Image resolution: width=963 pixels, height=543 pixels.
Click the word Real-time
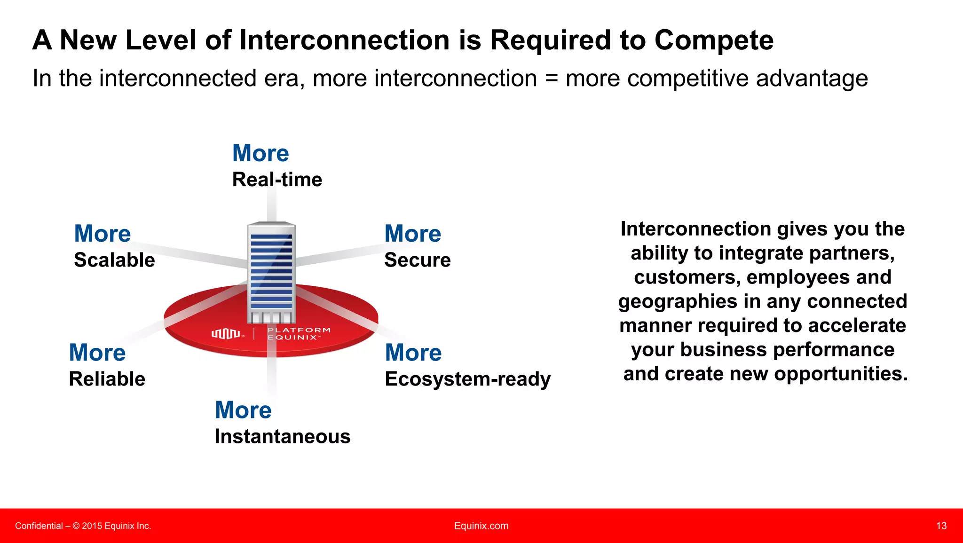pos(277,180)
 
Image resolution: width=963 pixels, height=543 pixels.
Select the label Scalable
pos(114,260)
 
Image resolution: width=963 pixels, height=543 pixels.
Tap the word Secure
pos(417,260)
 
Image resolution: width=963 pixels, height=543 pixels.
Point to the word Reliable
pos(107,379)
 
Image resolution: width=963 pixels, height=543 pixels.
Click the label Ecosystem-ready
pos(467,379)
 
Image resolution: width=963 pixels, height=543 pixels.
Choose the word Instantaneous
pos(282,436)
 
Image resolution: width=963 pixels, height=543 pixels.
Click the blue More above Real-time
pos(260,153)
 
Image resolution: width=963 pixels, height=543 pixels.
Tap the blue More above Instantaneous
pos(243,410)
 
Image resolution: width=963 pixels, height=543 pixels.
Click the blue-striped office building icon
pos(271,273)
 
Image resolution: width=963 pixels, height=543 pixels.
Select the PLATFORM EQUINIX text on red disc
pos(299,334)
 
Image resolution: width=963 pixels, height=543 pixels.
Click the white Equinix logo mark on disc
pos(226,334)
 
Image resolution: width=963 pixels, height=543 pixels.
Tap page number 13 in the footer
pos(941,526)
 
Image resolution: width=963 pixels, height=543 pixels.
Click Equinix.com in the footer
pos(481,526)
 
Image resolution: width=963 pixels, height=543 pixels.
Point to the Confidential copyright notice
pos(83,526)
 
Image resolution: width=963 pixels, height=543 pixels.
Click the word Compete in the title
pos(714,40)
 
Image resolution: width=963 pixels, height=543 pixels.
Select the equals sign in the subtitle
pos(551,79)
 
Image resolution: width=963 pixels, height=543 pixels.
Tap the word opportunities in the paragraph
pos(841,374)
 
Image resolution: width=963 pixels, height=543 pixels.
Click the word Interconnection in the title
pos(345,40)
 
